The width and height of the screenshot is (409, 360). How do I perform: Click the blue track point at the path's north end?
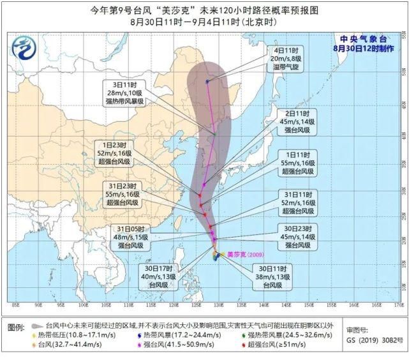point(207,82)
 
